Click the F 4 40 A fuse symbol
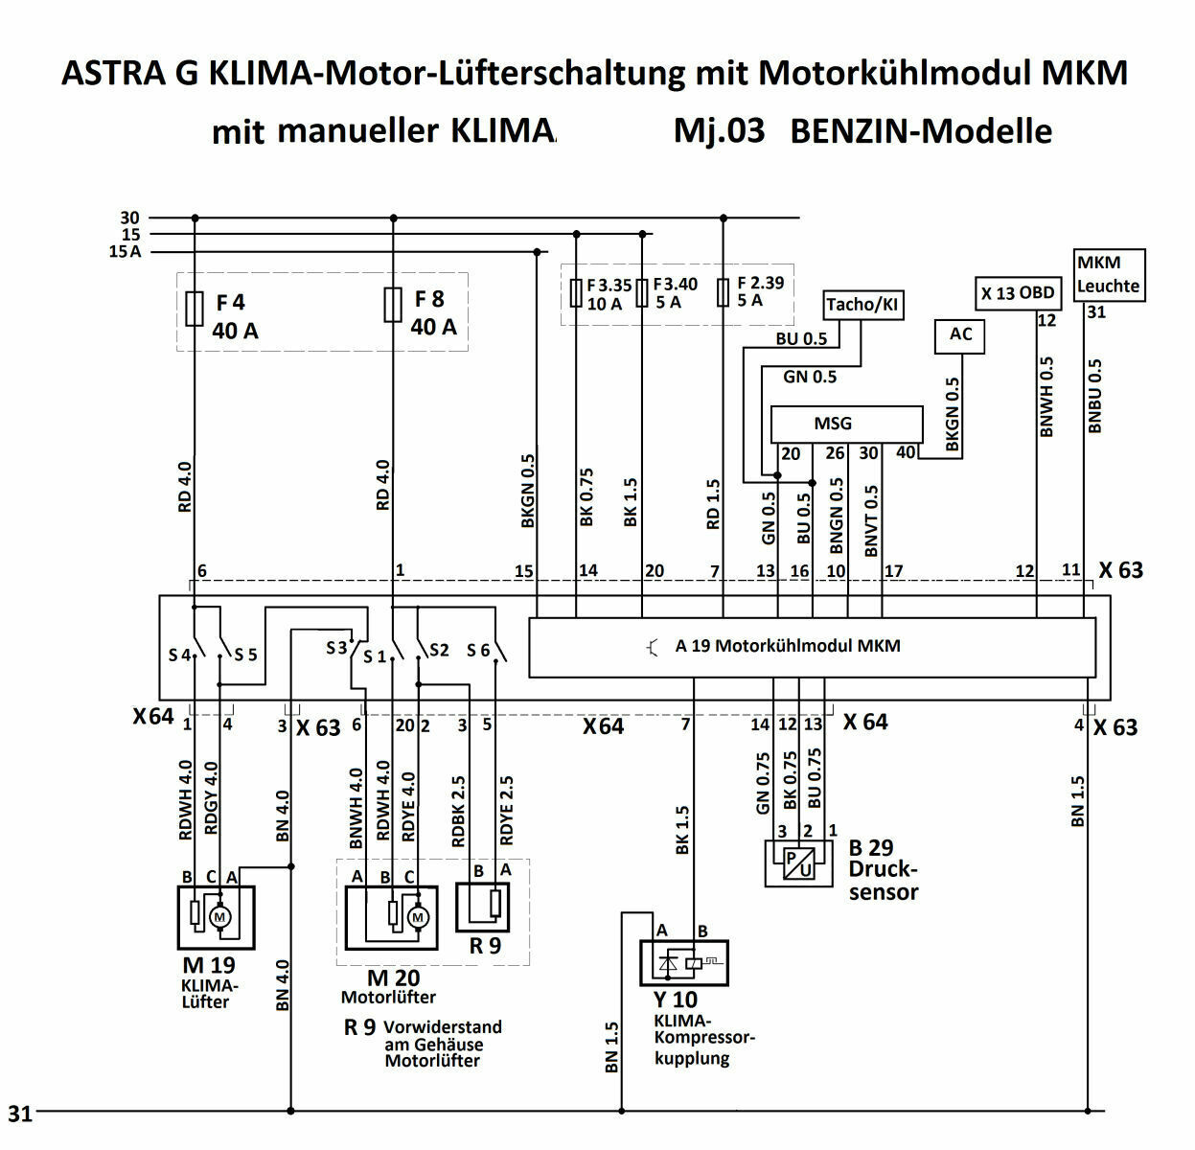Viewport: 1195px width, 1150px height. (x=195, y=309)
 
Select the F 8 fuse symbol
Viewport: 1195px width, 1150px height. (x=392, y=305)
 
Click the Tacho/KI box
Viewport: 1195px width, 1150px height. (x=863, y=305)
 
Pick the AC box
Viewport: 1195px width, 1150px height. (x=959, y=334)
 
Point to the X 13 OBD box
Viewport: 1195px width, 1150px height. (x=1017, y=293)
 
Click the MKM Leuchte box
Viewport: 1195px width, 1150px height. (x=1108, y=274)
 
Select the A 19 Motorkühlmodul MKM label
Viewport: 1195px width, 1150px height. (x=787, y=646)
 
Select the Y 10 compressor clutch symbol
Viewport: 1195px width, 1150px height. (x=684, y=962)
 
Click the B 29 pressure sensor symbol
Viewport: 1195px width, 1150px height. (x=798, y=862)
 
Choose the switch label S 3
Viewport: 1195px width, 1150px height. (x=336, y=649)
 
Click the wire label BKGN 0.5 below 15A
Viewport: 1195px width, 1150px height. (x=528, y=491)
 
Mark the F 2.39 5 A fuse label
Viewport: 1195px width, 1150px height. (x=760, y=292)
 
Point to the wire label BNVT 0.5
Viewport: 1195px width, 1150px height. (x=871, y=520)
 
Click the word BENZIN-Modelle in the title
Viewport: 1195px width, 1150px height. (x=920, y=131)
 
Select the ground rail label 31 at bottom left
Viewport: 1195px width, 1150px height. (x=20, y=1114)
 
